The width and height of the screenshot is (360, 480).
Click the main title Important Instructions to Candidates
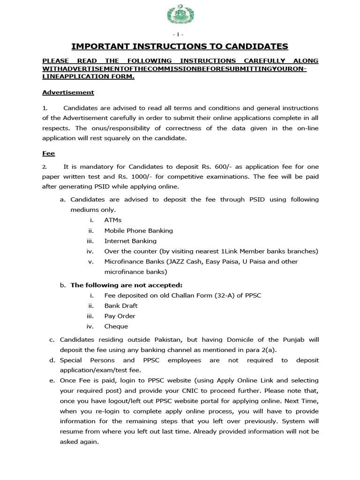(180, 46)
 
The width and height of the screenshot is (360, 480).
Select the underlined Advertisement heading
(68, 92)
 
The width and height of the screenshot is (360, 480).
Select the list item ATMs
(113, 220)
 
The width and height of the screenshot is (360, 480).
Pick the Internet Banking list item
(130, 241)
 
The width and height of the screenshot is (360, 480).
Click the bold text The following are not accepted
(126, 285)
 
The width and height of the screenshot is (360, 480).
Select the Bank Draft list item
(120, 306)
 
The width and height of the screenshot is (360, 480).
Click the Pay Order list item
(120, 316)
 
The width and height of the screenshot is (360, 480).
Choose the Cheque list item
(116, 326)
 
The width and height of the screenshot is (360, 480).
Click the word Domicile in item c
(228, 339)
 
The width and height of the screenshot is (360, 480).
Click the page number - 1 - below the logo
(180, 35)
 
